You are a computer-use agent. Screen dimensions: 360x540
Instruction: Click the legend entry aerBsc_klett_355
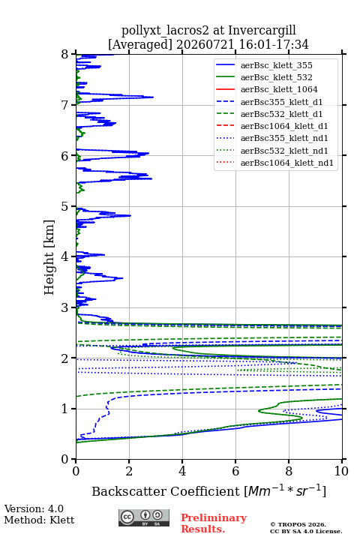(x=276, y=65)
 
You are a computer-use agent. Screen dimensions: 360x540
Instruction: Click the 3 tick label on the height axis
(x=64, y=307)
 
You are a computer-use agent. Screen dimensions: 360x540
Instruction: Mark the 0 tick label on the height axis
(x=64, y=459)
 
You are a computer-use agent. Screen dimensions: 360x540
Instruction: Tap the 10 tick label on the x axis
(x=341, y=471)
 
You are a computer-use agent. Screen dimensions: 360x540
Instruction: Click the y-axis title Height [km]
(x=49, y=257)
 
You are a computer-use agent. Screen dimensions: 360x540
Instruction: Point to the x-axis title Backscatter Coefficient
(x=166, y=491)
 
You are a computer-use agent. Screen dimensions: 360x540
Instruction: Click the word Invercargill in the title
(x=262, y=31)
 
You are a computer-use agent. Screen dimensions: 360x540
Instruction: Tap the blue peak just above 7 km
(x=153, y=97)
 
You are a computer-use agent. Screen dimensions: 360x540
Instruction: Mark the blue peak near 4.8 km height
(x=130, y=215)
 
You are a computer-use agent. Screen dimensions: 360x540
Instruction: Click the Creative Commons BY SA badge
(x=144, y=517)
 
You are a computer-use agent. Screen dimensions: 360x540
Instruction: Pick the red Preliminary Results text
(x=214, y=523)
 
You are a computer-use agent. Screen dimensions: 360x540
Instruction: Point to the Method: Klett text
(x=39, y=520)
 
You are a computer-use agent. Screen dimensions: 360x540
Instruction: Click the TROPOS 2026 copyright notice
(x=298, y=524)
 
